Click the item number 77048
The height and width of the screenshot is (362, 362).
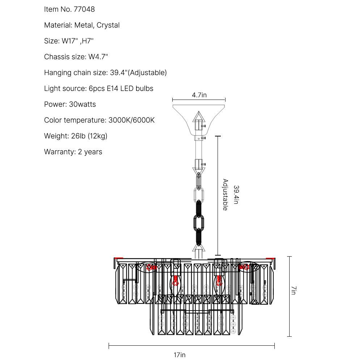click(x=85, y=9)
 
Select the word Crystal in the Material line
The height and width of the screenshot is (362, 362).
click(x=108, y=25)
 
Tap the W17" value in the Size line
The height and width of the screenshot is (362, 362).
click(x=70, y=41)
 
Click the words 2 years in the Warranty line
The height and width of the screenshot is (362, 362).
click(x=90, y=152)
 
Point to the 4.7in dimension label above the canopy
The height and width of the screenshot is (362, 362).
click(x=199, y=95)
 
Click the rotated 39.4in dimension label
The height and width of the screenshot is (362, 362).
click(x=236, y=195)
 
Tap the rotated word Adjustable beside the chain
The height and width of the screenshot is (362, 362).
click(x=225, y=195)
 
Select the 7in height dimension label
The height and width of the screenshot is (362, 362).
click(x=294, y=290)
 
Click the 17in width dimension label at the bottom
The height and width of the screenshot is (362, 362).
click(x=179, y=355)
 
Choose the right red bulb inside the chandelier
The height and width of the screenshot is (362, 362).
click(x=219, y=281)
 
